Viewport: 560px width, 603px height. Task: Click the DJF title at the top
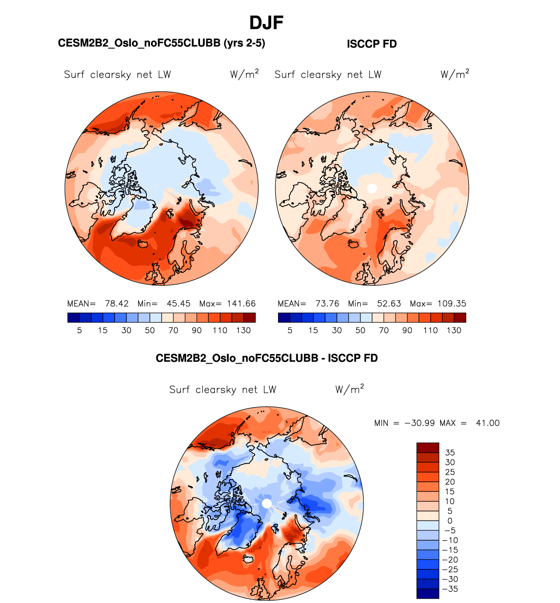(266, 23)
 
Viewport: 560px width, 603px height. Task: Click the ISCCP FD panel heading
(372, 44)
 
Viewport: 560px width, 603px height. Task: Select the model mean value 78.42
(117, 304)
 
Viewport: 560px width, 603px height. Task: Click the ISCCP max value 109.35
(451, 304)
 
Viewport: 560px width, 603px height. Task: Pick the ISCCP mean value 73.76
(327, 304)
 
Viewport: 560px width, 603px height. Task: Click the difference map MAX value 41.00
(488, 423)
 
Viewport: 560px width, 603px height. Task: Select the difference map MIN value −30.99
(419, 423)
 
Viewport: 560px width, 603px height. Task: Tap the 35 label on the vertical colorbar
(450, 453)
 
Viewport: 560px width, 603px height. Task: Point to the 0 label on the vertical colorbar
(450, 521)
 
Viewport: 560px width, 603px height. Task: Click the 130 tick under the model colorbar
(243, 330)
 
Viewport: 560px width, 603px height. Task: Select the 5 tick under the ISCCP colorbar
(290, 330)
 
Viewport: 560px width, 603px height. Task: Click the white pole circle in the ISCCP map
(372, 188)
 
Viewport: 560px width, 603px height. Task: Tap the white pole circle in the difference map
(267, 504)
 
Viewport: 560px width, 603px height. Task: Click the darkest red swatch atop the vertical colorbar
(428, 448)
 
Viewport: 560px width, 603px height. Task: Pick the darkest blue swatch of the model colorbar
(74, 318)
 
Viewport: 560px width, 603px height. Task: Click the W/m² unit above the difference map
(350, 389)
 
